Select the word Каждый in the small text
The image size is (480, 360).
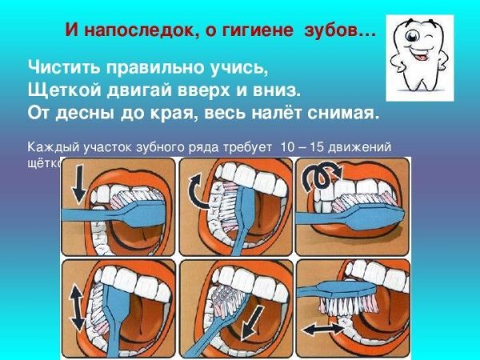(x=50, y=146)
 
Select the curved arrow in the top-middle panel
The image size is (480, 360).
(x=196, y=193)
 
